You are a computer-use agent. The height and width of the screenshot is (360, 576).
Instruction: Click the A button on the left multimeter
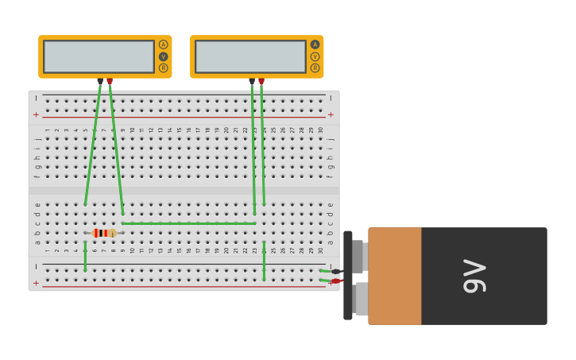tap(163, 45)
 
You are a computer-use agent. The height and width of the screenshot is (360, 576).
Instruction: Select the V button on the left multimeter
tap(163, 56)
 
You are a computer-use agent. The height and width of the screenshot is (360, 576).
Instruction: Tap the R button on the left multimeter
tap(163, 68)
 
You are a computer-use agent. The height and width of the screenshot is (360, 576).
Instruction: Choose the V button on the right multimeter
tap(315, 56)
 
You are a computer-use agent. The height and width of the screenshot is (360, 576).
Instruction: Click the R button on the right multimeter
tap(315, 68)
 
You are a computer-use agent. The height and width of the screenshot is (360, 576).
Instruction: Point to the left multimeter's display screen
tap(99, 56)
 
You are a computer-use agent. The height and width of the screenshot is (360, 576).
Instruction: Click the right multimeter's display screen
tap(250, 56)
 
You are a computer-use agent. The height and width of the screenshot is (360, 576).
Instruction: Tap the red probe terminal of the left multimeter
tap(110, 81)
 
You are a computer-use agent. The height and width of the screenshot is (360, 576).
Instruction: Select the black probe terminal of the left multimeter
tap(100, 81)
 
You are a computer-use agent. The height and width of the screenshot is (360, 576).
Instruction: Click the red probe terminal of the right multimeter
tap(261, 81)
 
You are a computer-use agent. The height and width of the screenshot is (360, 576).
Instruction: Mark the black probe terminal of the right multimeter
tap(252, 81)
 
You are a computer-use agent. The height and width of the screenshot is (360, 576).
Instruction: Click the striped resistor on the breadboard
tap(103, 233)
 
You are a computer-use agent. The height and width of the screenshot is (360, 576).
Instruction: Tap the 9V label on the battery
tap(474, 276)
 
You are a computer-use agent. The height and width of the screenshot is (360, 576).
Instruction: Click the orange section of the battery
tap(394, 276)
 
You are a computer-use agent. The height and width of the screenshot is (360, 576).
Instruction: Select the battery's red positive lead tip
tap(336, 281)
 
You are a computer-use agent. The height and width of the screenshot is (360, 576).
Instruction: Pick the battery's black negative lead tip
tap(336, 272)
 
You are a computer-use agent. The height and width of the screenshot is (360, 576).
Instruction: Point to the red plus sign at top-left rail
tap(36, 114)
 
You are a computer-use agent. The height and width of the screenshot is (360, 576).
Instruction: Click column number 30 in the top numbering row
tap(321, 130)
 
